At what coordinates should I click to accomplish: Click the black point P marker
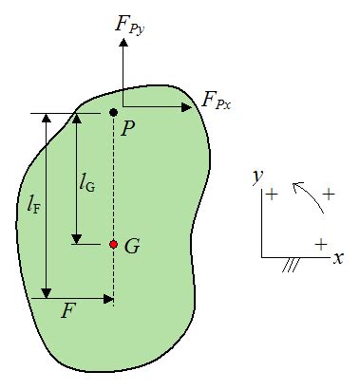coord(113,113)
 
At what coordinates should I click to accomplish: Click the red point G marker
coord(113,244)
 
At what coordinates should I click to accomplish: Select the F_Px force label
coord(218,99)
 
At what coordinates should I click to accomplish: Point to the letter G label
coord(132,246)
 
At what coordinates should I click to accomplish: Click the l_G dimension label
coord(87,177)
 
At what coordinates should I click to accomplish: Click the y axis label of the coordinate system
coord(256,176)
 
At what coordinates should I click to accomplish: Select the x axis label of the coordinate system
coord(337,258)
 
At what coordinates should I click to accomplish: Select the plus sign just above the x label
coord(321,243)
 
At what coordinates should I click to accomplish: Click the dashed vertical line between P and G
coord(113,180)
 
